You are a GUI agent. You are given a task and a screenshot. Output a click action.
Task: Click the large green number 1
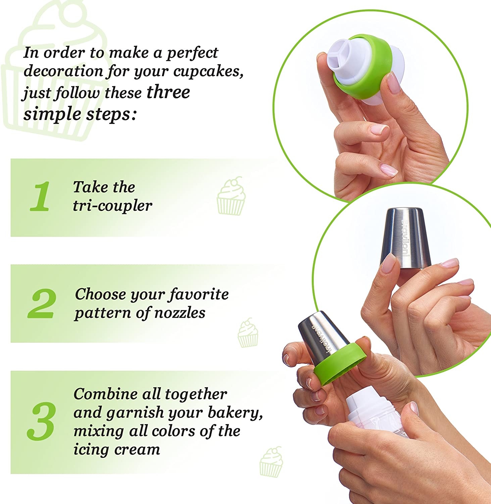(40, 197)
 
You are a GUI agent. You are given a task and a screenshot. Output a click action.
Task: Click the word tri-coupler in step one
(112, 206)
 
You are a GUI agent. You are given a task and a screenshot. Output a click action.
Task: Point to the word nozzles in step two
(180, 313)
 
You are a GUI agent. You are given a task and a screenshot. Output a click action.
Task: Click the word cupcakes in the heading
(208, 72)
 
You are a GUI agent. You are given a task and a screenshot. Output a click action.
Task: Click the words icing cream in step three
(117, 450)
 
